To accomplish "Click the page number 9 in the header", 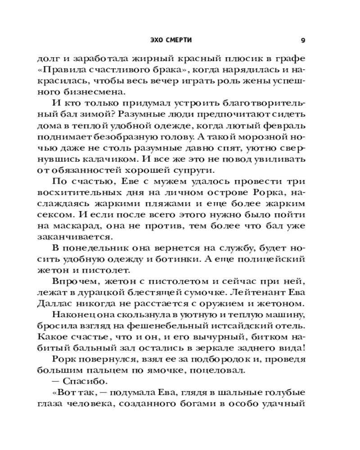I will tap(303, 40).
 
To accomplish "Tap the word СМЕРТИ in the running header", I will tap(179, 40).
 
